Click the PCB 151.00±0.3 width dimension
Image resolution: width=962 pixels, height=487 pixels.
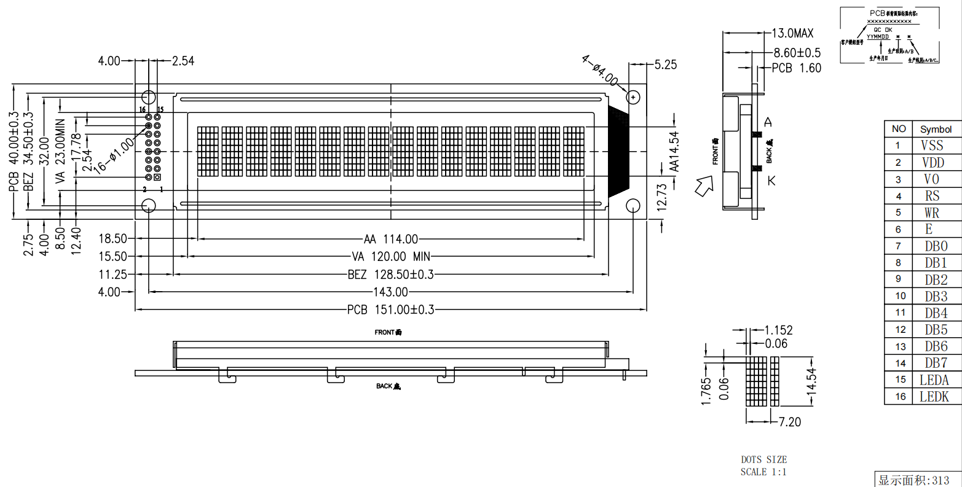coord(390,310)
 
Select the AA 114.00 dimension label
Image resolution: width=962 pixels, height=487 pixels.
coord(390,239)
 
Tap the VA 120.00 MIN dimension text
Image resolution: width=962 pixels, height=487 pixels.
coord(390,256)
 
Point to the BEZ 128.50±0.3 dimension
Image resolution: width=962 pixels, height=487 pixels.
coord(390,274)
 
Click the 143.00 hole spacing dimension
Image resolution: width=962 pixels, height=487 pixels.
coord(390,292)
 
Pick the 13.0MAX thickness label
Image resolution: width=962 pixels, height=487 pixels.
coord(792,33)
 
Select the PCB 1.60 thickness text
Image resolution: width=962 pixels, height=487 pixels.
coord(796,68)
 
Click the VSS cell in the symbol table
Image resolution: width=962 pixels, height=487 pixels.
coord(932,146)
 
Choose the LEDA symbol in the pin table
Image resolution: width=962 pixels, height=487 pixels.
coord(934,380)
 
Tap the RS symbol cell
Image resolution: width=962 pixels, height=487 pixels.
coord(932,196)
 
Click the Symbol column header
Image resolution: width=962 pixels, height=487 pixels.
coord(936,129)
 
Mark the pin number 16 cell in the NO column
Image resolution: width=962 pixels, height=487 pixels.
coord(900,397)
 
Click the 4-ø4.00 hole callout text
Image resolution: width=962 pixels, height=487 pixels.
coord(600,70)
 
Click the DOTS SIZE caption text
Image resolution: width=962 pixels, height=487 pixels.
coord(763,459)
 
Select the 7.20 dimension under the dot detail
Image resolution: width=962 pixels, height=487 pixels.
coord(789,422)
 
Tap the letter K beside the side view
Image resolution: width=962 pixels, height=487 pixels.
coord(771,180)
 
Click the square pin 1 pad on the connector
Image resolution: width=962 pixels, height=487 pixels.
coord(157,177)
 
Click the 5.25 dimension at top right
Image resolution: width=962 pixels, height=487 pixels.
coord(665,64)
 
